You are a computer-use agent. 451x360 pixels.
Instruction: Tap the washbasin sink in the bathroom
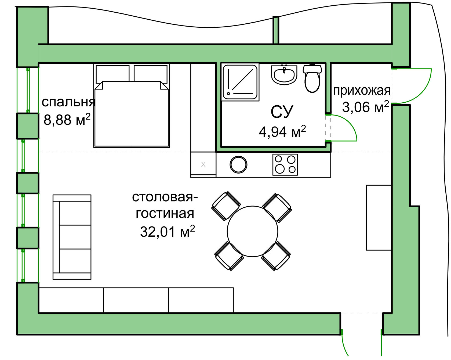click(x=284, y=74)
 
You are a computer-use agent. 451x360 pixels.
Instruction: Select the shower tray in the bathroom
click(x=240, y=82)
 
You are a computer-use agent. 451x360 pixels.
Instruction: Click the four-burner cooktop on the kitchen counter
click(x=285, y=165)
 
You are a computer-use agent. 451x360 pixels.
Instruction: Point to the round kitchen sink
click(x=238, y=164)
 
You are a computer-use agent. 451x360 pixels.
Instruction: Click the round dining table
click(x=252, y=231)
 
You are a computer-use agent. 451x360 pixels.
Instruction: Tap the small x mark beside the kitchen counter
click(x=203, y=164)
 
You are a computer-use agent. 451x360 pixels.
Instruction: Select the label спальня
click(x=68, y=102)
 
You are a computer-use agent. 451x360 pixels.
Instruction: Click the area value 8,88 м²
click(x=67, y=119)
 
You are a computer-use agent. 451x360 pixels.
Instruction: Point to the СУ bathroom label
click(x=282, y=112)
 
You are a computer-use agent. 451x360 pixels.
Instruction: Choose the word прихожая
click(x=362, y=91)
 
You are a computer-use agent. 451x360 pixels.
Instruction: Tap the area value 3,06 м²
click(x=365, y=107)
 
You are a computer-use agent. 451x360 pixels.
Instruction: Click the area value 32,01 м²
click(x=168, y=231)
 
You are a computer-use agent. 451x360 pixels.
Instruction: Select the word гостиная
click(x=165, y=214)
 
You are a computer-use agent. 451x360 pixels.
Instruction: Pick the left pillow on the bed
click(x=113, y=73)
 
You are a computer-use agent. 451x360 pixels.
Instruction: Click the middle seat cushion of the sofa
click(x=75, y=237)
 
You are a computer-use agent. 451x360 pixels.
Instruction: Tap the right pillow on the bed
click(x=151, y=73)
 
